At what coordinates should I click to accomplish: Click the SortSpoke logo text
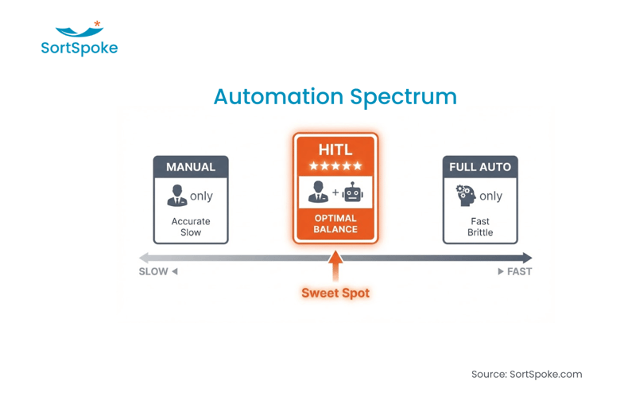(79, 49)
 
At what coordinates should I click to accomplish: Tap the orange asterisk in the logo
(97, 25)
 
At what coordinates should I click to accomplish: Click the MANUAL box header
(191, 167)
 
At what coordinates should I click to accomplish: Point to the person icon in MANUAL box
(176, 196)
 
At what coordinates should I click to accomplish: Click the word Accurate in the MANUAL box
(191, 221)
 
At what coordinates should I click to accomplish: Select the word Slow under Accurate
(191, 233)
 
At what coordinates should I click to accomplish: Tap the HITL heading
(335, 150)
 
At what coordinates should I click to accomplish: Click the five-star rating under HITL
(335, 166)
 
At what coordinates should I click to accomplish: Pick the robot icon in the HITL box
(353, 192)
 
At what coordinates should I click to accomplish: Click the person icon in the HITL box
(318, 192)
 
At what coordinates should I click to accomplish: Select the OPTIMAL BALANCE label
(335, 224)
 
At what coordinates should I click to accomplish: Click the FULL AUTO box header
(479, 167)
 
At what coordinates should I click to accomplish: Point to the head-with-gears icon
(465, 196)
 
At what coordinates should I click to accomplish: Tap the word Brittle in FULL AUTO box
(480, 233)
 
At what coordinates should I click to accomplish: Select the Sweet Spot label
(335, 293)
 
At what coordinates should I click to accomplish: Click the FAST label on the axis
(519, 271)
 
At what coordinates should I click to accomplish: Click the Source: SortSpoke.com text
(526, 374)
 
